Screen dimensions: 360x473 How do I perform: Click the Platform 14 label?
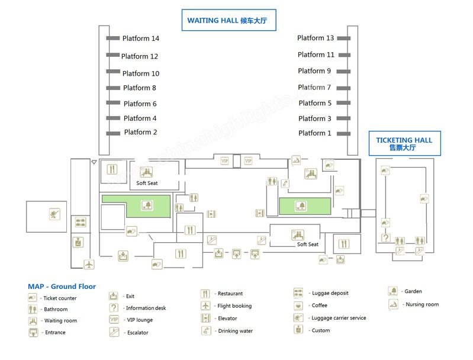click(x=140, y=38)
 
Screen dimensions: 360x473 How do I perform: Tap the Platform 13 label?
click(x=316, y=38)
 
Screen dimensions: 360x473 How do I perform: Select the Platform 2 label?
click(x=140, y=132)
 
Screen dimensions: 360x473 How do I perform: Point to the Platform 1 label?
click(x=314, y=133)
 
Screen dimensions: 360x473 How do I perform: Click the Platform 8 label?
click(x=140, y=88)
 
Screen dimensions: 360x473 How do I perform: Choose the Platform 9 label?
click(x=311, y=71)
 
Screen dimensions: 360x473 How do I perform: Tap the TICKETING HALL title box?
click(x=404, y=144)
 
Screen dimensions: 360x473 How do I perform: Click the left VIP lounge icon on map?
click(x=224, y=160)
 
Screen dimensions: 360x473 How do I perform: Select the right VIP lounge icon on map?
click(x=248, y=160)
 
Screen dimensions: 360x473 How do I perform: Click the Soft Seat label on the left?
click(x=147, y=183)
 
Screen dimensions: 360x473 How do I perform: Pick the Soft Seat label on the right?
click(x=308, y=245)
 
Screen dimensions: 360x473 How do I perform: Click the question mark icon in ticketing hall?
click(x=385, y=239)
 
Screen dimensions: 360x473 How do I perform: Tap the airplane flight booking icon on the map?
click(x=89, y=263)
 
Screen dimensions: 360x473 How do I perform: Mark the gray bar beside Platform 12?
click(x=113, y=55)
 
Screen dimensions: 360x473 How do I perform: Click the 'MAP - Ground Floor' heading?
click(x=62, y=287)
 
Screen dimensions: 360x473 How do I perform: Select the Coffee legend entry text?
click(x=320, y=306)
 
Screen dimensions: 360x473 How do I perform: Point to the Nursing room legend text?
click(x=422, y=304)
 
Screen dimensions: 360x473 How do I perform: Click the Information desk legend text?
click(x=146, y=308)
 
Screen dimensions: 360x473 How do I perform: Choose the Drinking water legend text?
click(x=235, y=331)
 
